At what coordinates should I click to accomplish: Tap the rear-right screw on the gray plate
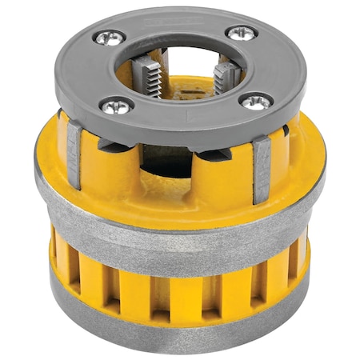click(x=242, y=33)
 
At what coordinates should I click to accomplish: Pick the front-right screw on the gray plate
click(x=257, y=101)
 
